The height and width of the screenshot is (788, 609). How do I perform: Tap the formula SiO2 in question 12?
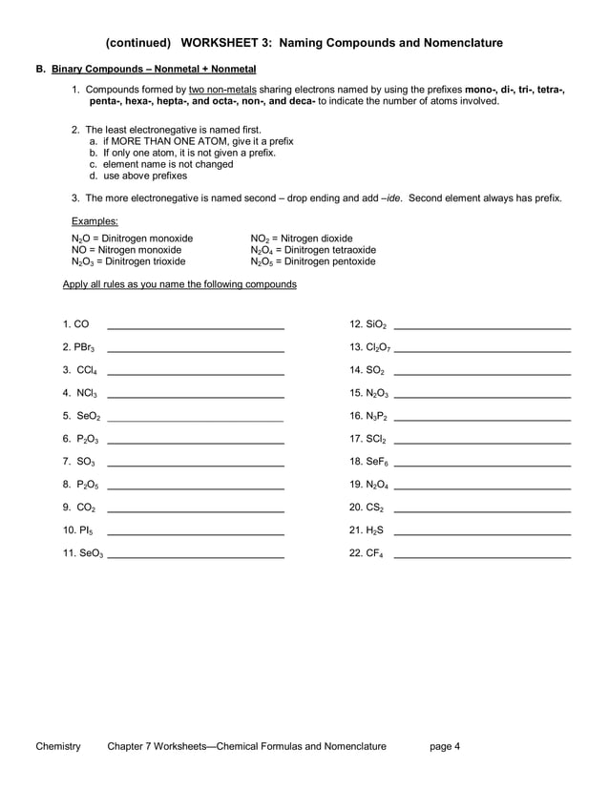coord(375,325)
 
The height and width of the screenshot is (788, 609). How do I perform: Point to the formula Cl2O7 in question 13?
coord(377,347)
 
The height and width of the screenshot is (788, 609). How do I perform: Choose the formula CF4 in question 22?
coord(373,553)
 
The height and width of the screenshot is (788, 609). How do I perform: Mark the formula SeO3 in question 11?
coord(91,553)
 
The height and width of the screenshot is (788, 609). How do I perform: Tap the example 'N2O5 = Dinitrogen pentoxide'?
coord(313,261)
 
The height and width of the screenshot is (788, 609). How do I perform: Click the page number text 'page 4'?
coord(445,746)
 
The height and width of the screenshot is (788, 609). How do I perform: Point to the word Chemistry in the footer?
coord(58,746)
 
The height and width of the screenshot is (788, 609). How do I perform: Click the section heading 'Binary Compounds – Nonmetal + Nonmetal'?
coord(153,70)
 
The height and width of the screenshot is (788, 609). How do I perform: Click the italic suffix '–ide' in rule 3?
coord(390,198)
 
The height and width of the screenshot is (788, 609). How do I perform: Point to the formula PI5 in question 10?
coord(85,530)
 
